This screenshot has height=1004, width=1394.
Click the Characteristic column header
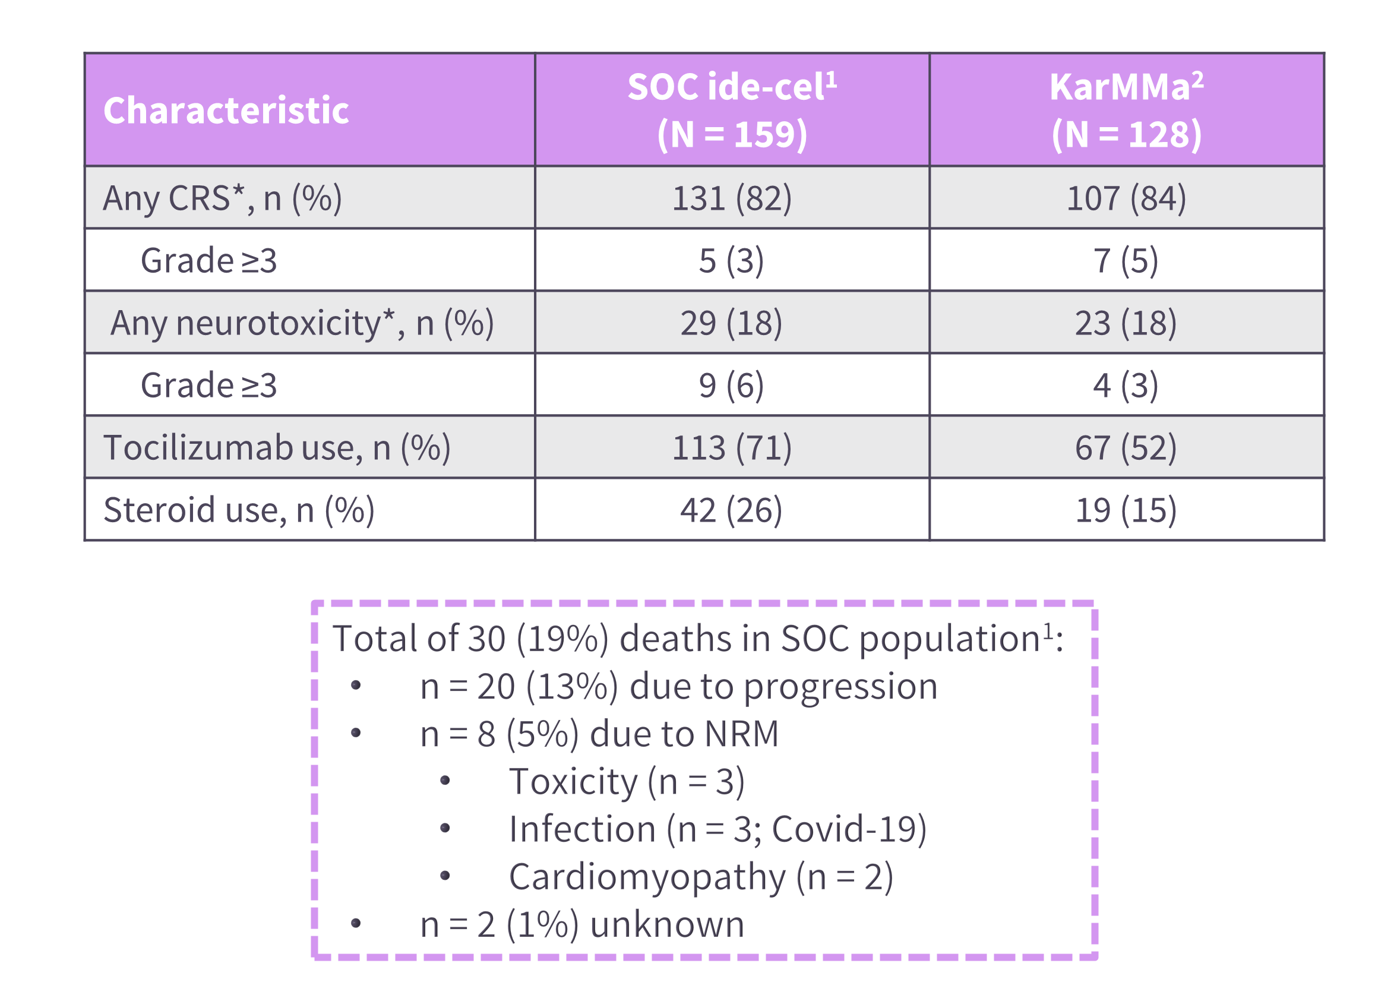(226, 110)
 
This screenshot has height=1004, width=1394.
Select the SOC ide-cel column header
(731, 110)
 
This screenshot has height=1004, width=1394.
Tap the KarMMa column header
(1126, 110)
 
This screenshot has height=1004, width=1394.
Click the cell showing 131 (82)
(731, 198)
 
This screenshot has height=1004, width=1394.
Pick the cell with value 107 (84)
(1126, 198)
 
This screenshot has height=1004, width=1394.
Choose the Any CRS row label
(222, 198)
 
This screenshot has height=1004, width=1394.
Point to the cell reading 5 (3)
(731, 261)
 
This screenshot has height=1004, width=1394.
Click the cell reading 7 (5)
(1126, 261)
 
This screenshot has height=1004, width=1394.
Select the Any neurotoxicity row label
(302, 323)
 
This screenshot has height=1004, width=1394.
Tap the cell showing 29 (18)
(731, 323)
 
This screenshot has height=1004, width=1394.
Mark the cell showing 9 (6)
(731, 386)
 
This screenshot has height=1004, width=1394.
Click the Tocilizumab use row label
(277, 447)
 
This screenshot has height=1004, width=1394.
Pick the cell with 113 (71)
(731, 447)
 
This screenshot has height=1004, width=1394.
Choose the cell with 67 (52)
(1126, 447)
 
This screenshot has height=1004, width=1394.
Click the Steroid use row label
(239, 510)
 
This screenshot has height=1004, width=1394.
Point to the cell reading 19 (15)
(1126, 510)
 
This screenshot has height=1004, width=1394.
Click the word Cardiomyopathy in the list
(647, 877)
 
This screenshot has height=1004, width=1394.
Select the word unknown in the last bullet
(667, 924)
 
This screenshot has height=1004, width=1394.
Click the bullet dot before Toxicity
(445, 781)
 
